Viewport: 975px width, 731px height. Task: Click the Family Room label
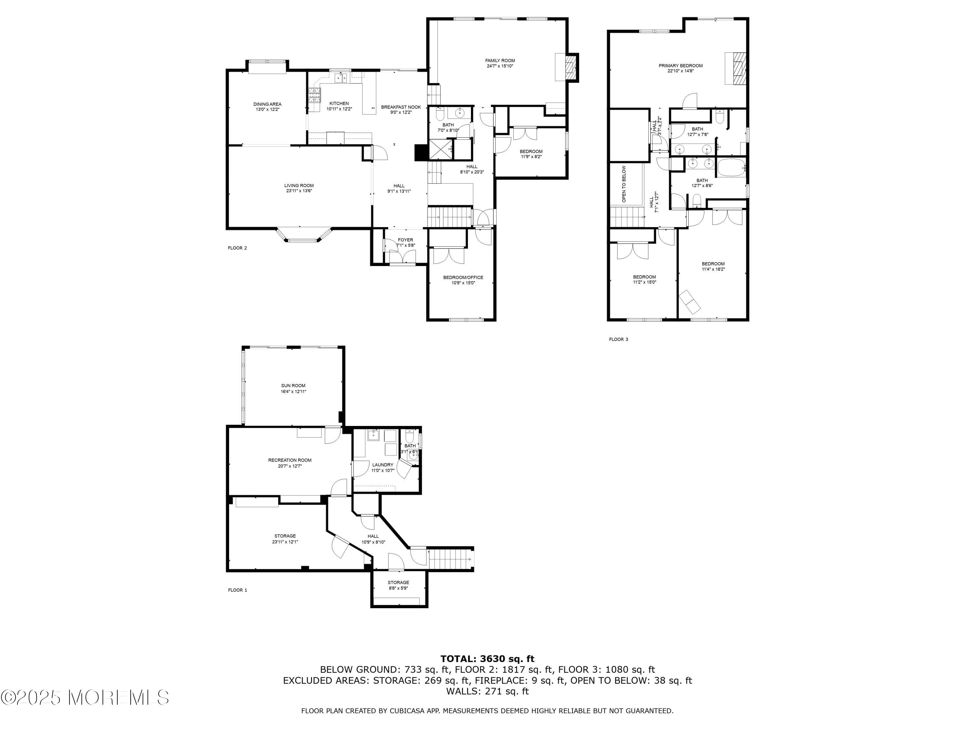tap(500, 61)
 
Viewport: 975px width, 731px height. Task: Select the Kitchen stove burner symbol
tap(315, 96)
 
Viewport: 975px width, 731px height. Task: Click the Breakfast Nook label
tap(401, 107)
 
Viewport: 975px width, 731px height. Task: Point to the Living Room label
tap(299, 186)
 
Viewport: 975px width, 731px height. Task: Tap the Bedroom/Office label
tap(463, 277)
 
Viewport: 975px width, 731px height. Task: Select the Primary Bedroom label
tap(681, 66)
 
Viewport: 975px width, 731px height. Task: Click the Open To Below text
tap(624, 184)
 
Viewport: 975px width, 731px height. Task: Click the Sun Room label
tap(293, 386)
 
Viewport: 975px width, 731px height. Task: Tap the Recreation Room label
tap(290, 460)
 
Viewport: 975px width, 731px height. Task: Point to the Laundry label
tap(382, 465)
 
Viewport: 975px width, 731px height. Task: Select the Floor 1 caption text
tap(238, 590)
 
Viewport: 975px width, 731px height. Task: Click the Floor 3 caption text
tap(618, 339)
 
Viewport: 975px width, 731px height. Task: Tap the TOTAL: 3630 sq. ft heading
tap(487, 659)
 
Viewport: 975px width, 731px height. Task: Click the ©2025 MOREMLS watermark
tap(84, 698)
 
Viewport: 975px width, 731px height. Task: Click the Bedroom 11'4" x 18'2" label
tap(713, 264)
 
